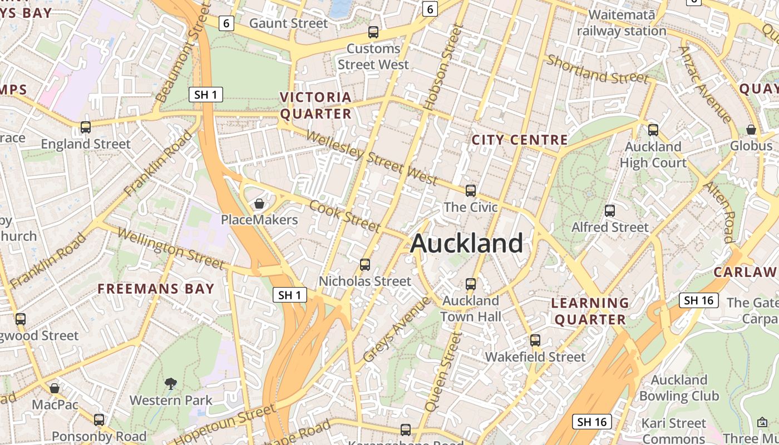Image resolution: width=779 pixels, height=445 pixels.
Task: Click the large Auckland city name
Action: click(x=466, y=244)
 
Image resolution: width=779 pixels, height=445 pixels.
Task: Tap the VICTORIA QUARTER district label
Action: click(x=315, y=106)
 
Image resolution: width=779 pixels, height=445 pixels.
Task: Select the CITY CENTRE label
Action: click(x=520, y=140)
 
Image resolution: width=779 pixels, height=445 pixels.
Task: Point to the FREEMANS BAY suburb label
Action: click(x=156, y=289)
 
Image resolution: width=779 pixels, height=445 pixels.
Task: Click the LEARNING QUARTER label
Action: click(x=590, y=311)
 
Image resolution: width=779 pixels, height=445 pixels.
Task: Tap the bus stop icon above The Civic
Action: click(x=471, y=191)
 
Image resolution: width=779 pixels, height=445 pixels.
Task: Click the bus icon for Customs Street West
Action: click(x=373, y=32)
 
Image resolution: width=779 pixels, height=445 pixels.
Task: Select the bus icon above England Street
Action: click(x=86, y=127)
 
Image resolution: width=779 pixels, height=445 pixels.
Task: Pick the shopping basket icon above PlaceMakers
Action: click(x=259, y=204)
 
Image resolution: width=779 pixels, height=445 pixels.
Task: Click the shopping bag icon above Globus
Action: click(x=751, y=130)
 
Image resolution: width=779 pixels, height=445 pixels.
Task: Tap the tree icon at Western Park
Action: click(x=171, y=383)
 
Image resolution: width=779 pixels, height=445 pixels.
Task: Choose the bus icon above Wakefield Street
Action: click(x=535, y=340)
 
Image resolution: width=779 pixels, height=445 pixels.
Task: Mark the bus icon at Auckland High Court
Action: click(x=653, y=130)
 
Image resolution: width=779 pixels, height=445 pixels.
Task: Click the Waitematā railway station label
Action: click(x=622, y=23)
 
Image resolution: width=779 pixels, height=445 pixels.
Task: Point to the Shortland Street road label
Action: click(x=598, y=70)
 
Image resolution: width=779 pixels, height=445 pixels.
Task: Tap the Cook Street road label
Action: click(x=345, y=216)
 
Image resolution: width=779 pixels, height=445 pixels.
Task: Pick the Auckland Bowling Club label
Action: click(x=679, y=388)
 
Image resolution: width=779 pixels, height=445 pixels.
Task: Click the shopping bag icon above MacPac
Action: click(x=55, y=388)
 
